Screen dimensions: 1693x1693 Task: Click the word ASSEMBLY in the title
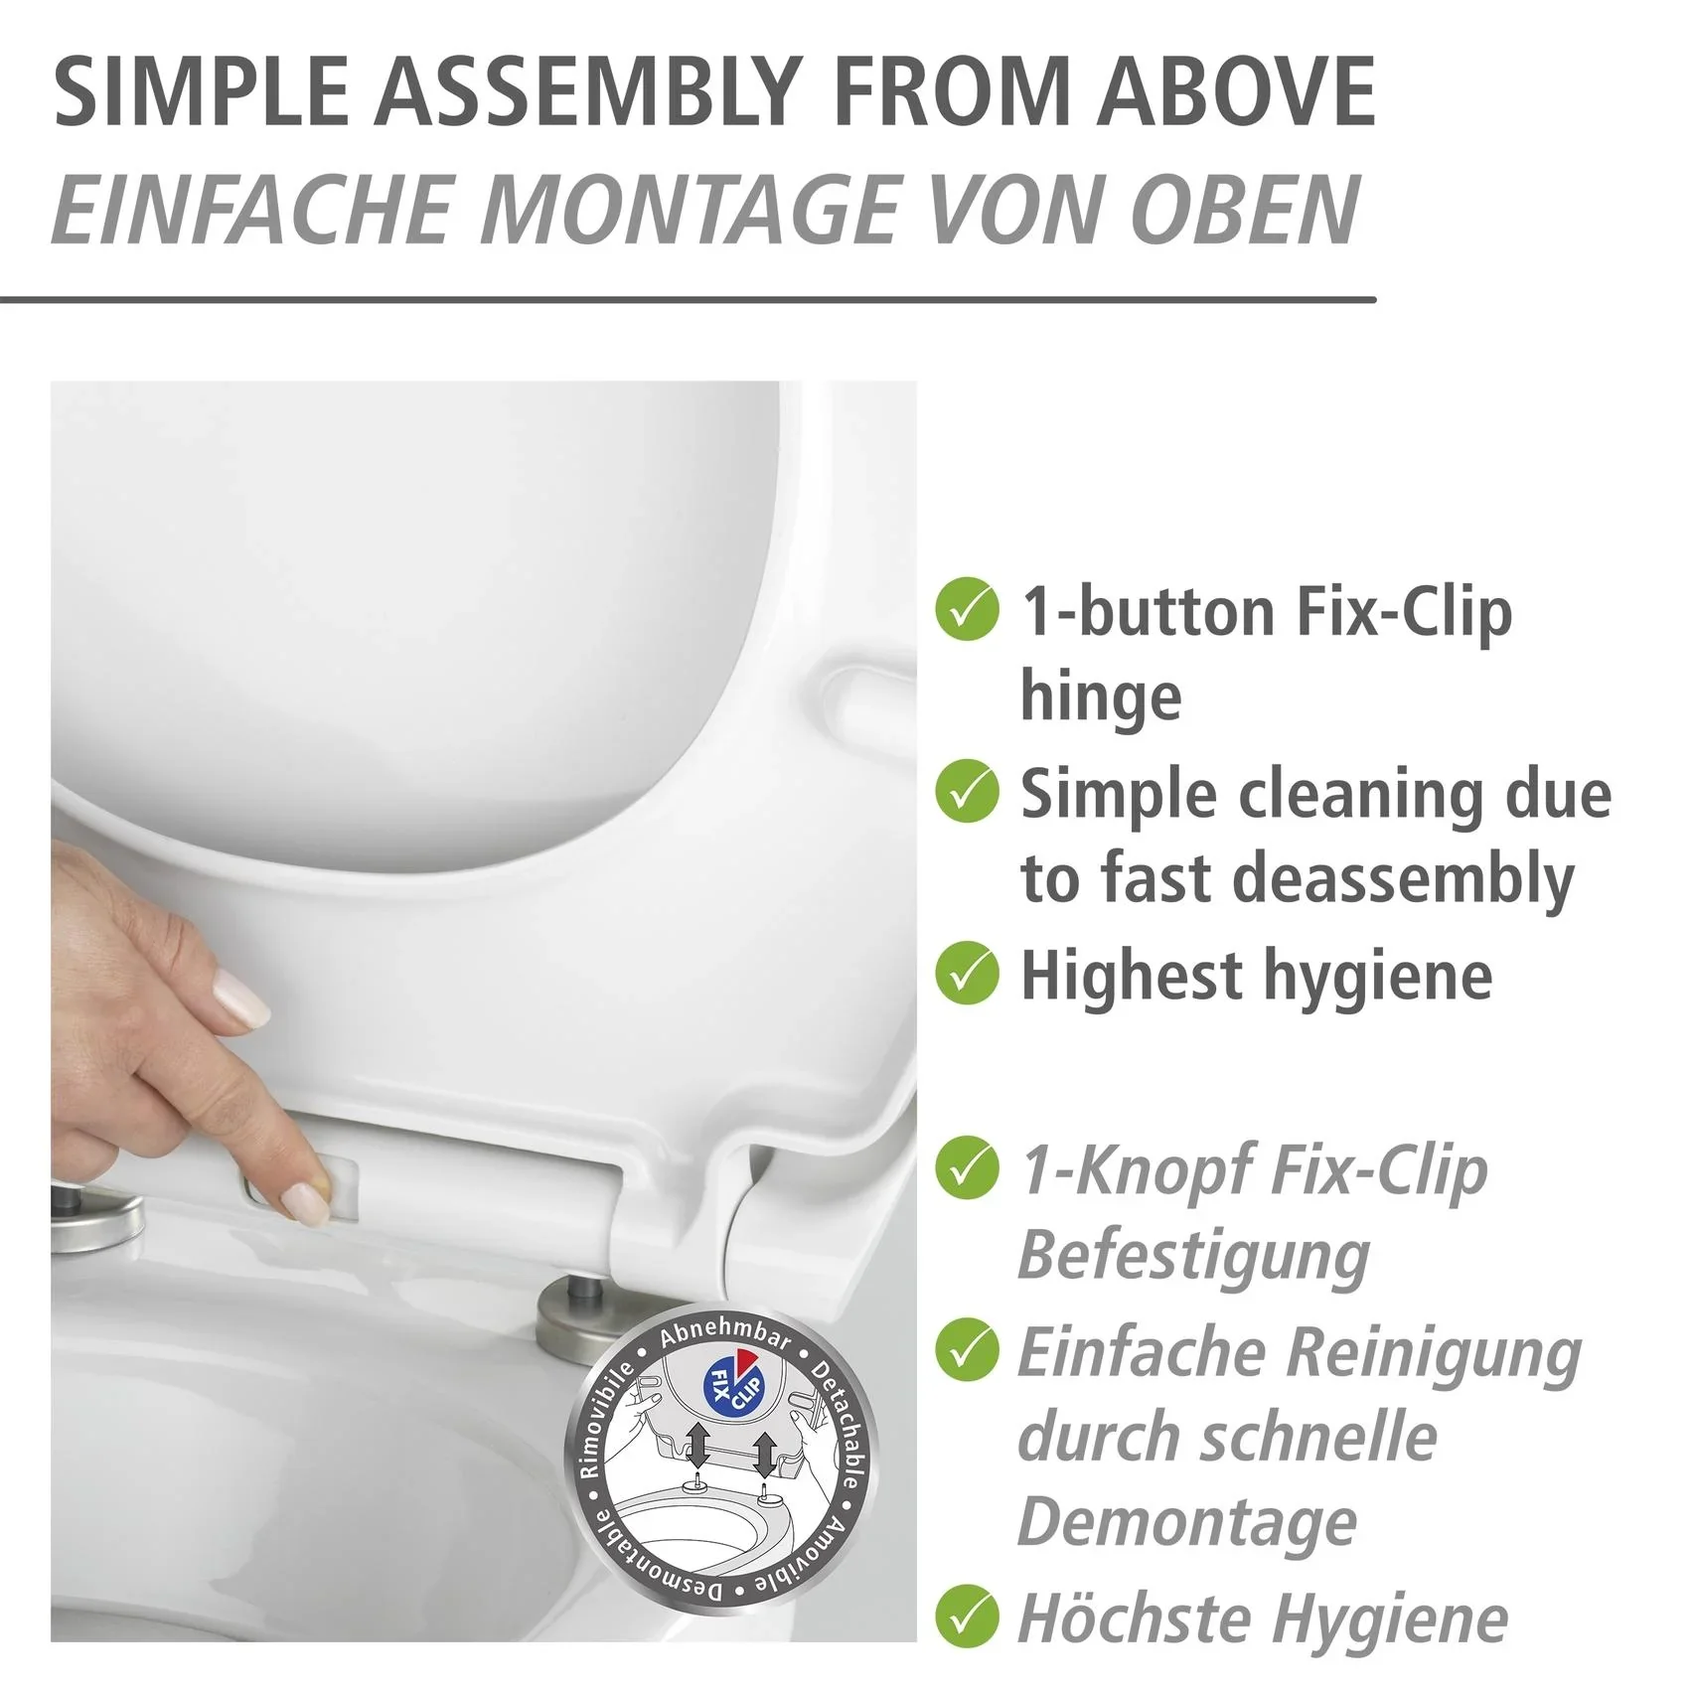(x=587, y=91)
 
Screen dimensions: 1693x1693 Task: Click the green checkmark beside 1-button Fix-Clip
(x=967, y=609)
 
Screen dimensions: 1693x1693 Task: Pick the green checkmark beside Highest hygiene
(x=967, y=973)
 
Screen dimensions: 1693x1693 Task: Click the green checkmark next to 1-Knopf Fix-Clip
(x=967, y=1167)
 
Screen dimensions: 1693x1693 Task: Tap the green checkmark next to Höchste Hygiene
(x=967, y=1618)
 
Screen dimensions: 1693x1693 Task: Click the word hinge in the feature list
(x=1101, y=696)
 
